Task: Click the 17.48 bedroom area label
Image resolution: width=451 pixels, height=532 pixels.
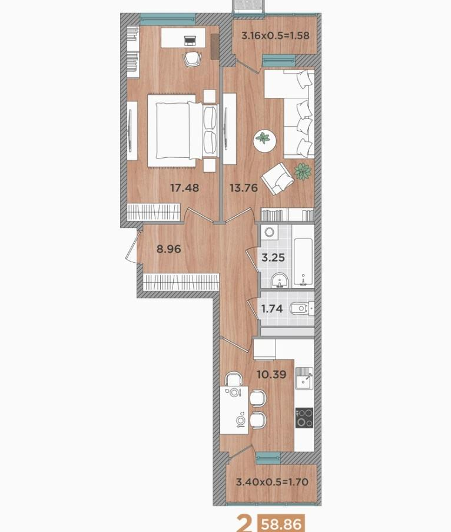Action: [x=184, y=189]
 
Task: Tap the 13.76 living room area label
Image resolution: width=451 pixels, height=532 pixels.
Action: [x=243, y=189]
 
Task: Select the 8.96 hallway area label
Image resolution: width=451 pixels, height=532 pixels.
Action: [x=168, y=249]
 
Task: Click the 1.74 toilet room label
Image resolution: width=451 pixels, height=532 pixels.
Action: [x=273, y=308]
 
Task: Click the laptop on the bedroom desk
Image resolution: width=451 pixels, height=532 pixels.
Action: [x=190, y=41]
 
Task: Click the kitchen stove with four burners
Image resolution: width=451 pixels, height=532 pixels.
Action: [x=304, y=417]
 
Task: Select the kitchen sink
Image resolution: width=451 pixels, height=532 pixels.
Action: [x=304, y=378]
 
